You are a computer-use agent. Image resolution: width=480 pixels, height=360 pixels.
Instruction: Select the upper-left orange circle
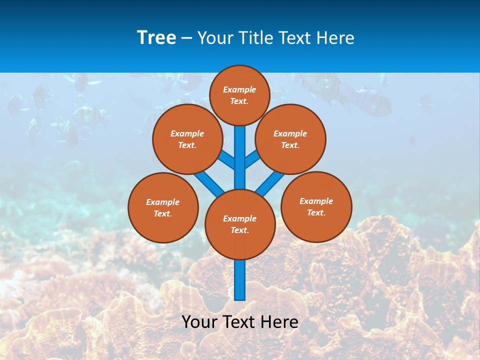pyautogui.click(x=187, y=139)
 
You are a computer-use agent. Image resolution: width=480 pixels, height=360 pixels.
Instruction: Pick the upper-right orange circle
pyautogui.click(x=290, y=139)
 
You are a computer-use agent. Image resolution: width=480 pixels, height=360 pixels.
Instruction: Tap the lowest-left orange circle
pyautogui.click(x=163, y=207)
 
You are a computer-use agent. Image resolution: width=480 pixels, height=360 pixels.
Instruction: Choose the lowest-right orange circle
pyautogui.click(x=316, y=207)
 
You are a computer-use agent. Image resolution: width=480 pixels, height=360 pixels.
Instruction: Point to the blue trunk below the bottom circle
pyautogui.click(x=240, y=279)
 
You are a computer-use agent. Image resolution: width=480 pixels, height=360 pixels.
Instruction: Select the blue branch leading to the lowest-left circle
pyautogui.click(x=208, y=182)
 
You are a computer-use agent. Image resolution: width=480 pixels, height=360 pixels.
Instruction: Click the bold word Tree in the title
pyautogui.click(x=156, y=37)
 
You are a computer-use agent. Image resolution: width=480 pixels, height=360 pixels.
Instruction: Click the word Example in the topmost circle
pyautogui.click(x=239, y=89)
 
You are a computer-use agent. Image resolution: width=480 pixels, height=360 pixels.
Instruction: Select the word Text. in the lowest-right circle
pyautogui.click(x=316, y=212)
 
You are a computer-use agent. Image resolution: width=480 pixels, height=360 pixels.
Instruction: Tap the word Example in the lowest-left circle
pyautogui.click(x=162, y=202)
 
